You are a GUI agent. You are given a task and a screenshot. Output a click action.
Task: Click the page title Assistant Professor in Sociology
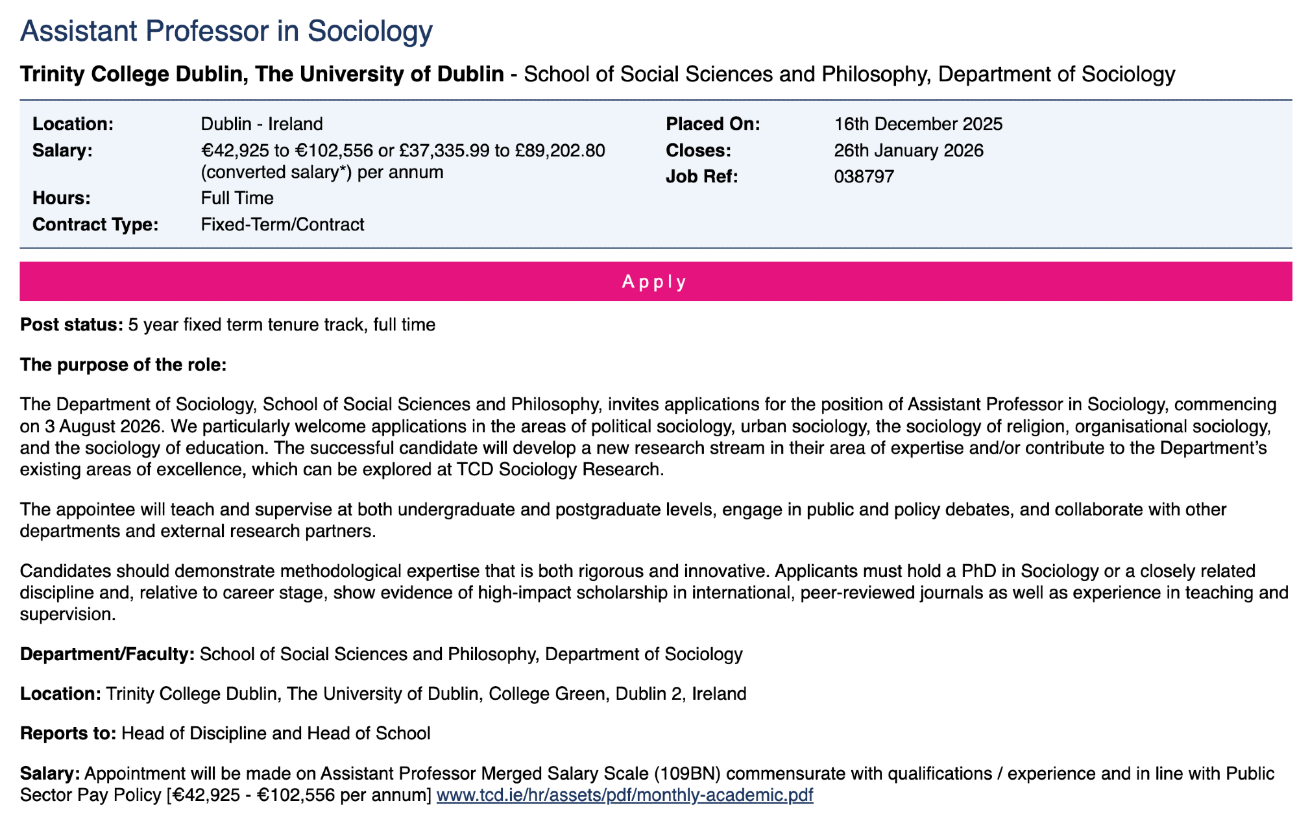(x=226, y=31)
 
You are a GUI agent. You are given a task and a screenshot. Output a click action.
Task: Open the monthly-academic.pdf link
(x=624, y=795)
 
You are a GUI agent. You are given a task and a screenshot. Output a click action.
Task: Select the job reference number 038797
(x=864, y=177)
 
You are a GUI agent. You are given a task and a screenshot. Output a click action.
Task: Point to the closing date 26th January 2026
(x=908, y=151)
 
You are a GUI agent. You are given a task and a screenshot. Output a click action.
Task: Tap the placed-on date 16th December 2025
(x=918, y=123)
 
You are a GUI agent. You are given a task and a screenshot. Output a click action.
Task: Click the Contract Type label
(x=95, y=225)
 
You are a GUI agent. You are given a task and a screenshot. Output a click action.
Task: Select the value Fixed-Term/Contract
(x=282, y=225)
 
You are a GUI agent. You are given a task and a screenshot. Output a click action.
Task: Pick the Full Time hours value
(x=237, y=198)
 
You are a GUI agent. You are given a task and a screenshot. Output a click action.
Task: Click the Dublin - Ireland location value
(x=261, y=123)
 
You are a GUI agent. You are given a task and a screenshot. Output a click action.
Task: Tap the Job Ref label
(x=701, y=177)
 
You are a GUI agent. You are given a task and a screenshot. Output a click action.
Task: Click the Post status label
(x=71, y=325)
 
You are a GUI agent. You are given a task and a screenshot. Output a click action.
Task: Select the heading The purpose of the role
(x=123, y=365)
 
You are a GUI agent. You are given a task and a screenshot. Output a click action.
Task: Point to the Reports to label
(x=68, y=734)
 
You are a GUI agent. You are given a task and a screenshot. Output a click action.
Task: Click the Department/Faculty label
(x=107, y=654)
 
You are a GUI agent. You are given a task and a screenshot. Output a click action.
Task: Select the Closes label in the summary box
(x=698, y=151)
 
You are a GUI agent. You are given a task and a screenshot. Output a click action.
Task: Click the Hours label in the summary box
(x=62, y=198)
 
